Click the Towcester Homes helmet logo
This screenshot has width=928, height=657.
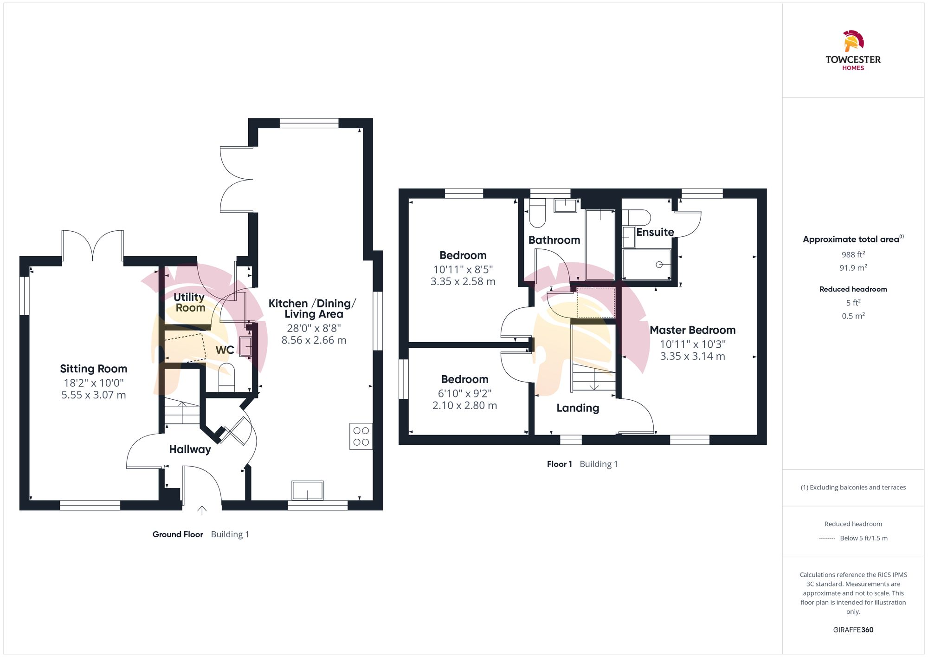853,41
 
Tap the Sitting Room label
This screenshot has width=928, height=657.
93,369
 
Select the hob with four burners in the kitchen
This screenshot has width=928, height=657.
361,436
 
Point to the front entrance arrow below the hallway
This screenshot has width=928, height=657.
202,510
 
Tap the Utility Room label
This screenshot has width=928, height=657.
189,302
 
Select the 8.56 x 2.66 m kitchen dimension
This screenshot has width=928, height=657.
314,340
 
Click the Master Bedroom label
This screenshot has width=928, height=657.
692,330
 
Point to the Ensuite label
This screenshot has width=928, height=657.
655,232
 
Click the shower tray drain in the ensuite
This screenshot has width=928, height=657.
659,265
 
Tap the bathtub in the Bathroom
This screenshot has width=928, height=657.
600,245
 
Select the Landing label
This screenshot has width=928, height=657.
578,408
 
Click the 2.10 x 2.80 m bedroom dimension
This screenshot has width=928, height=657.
464,405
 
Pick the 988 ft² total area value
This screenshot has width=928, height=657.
853,254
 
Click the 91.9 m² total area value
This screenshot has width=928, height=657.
853,268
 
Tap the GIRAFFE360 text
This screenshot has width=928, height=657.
853,630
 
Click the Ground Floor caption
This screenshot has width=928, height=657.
178,534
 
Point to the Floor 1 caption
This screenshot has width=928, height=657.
559,464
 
